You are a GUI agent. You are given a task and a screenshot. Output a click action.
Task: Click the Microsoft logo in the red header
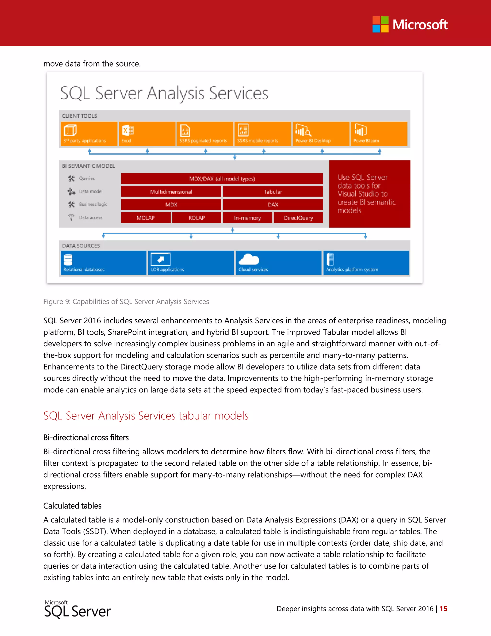coord(409,24)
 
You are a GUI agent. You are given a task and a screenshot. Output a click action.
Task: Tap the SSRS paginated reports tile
coord(205,134)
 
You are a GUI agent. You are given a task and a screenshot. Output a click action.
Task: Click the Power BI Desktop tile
coord(321,134)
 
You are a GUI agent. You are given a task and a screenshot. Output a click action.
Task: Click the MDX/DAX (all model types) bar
coord(222,179)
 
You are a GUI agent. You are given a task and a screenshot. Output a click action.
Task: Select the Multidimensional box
coord(171,192)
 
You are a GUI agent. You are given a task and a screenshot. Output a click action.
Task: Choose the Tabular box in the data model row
coord(273,192)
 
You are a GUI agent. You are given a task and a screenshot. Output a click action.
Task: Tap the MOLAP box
coord(146,217)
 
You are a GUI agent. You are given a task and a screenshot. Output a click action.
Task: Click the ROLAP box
coord(197,217)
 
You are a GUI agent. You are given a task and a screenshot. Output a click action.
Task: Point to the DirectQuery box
coord(298,217)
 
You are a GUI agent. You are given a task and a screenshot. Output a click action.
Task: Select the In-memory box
coord(247,217)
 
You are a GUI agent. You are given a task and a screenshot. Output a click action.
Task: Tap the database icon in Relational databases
coord(68,259)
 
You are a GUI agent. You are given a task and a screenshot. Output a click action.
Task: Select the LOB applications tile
coord(191,263)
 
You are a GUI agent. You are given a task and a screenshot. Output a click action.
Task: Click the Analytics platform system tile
coord(366,263)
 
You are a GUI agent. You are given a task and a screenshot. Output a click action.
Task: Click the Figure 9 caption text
coord(126,301)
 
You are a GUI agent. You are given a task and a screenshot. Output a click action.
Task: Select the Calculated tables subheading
coord(72,506)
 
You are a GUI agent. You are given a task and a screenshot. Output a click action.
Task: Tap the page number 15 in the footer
coord(443,609)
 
